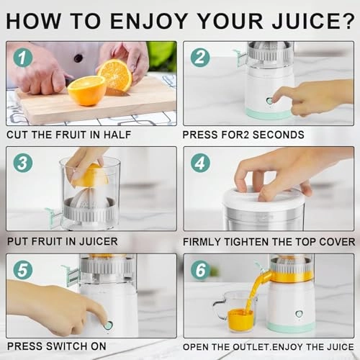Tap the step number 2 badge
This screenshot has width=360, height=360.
pyautogui.click(x=199, y=56)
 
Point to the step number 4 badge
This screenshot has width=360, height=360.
pyautogui.click(x=199, y=163)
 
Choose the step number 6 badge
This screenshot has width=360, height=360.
pyautogui.click(x=199, y=269)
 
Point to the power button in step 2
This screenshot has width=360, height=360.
pyautogui.click(x=269, y=101)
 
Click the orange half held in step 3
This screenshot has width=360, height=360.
pyautogui.click(x=89, y=175)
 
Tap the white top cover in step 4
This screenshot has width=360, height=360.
pyautogui.click(x=262, y=197)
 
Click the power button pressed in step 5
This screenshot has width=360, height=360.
pyautogui.click(x=108, y=325)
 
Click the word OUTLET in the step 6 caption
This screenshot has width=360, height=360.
pyautogui.click(x=252, y=347)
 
